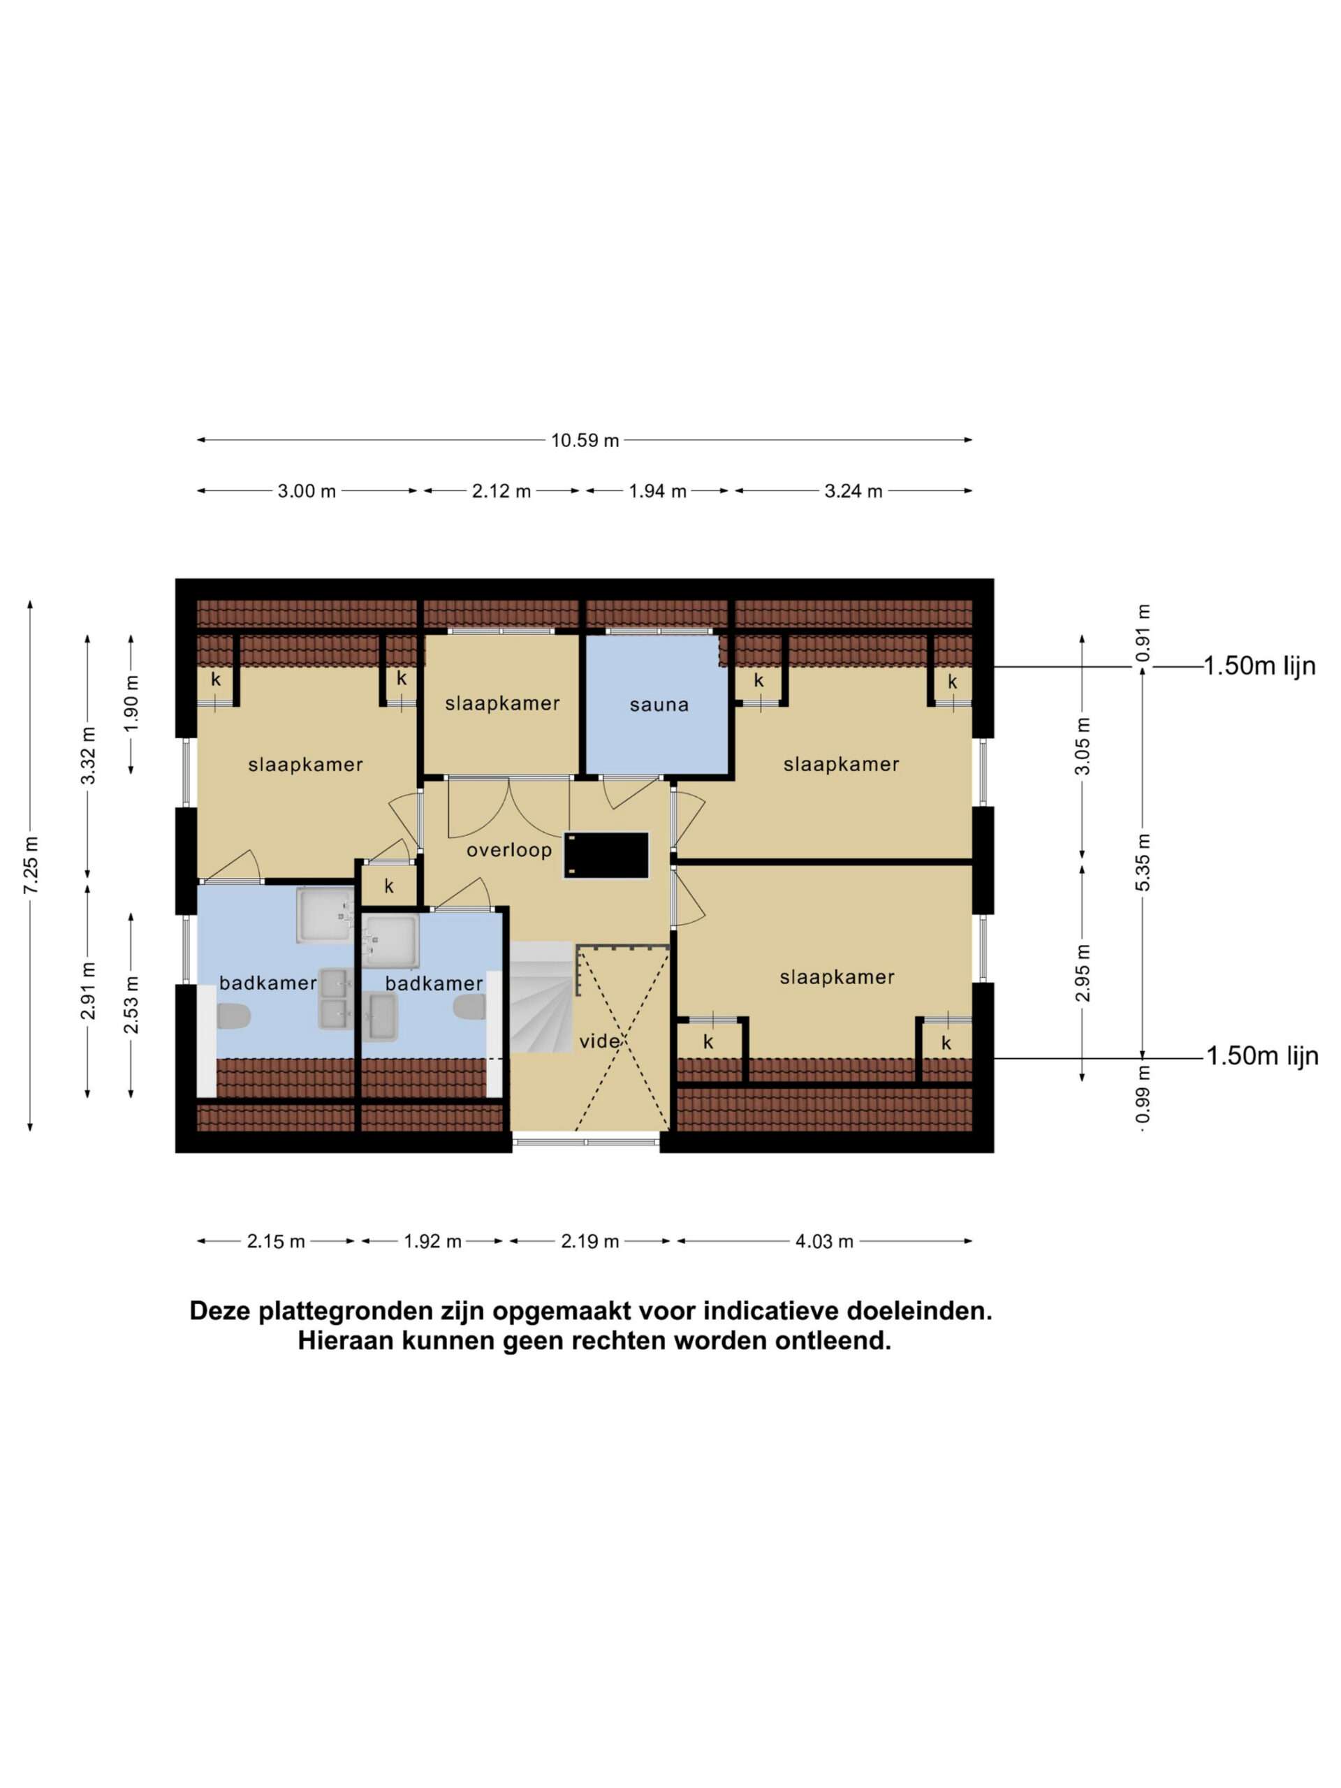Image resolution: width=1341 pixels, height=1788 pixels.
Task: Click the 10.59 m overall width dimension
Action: [585, 441]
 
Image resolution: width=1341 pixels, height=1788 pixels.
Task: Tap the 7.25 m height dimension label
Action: [31, 865]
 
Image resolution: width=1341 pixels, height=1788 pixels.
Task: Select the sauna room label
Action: [659, 705]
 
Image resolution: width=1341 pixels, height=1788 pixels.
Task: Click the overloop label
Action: [509, 851]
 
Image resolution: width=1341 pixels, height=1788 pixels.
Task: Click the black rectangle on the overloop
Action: [606, 855]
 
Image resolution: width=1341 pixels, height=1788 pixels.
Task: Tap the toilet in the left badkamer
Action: [233, 1016]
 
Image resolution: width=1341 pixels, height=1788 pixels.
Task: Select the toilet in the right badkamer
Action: [469, 1007]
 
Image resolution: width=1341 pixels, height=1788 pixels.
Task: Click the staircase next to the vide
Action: [541, 997]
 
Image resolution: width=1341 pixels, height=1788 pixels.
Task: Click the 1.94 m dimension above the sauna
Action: [657, 490]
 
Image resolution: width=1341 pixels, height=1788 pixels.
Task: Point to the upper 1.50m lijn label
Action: [1259, 666]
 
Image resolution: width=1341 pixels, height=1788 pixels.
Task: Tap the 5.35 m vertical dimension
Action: [1142, 863]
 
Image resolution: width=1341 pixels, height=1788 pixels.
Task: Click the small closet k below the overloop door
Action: [389, 886]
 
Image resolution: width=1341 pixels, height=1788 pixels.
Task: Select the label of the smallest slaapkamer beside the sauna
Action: [502, 703]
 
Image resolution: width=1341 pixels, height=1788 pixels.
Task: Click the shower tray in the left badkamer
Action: [325, 915]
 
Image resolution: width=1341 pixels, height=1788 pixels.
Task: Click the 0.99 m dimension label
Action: [1142, 1095]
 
